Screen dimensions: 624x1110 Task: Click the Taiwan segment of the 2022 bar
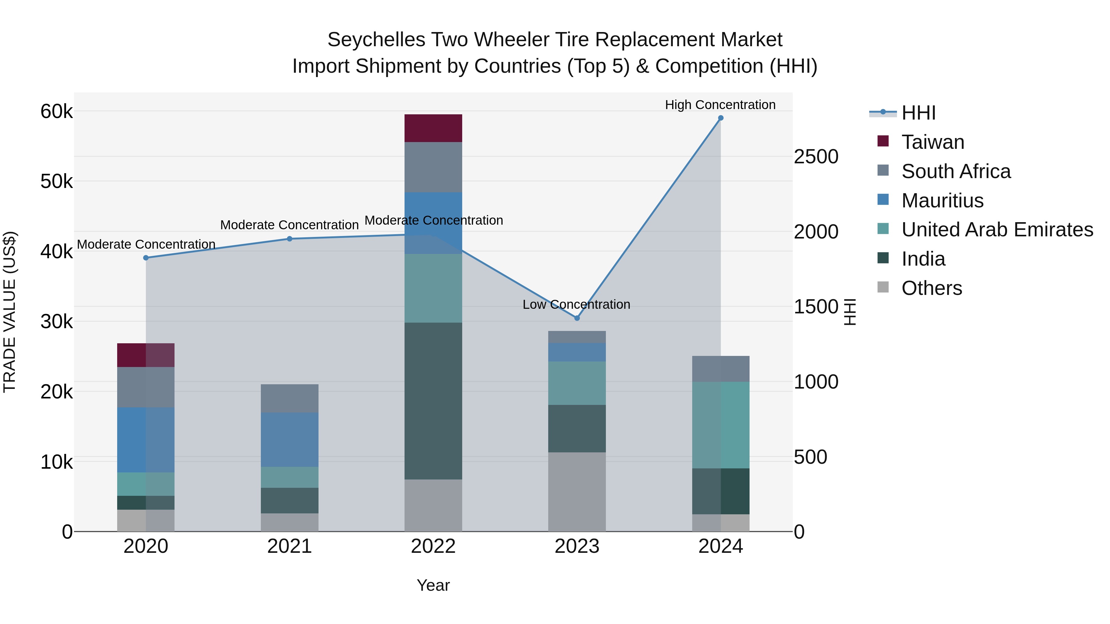coord(433,128)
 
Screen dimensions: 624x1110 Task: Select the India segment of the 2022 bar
coord(433,401)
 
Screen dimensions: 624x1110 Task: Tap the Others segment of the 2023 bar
coord(577,491)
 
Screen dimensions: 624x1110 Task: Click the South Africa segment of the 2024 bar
coord(721,369)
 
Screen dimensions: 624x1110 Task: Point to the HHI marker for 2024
coord(721,118)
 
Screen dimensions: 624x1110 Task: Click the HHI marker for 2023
coord(577,318)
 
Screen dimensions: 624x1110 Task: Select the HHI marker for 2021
coord(290,239)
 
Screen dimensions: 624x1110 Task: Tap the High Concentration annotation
coord(720,105)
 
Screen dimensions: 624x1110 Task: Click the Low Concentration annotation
coord(576,304)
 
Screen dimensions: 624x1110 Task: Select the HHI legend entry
coord(918,113)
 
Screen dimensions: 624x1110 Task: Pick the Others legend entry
coord(931,288)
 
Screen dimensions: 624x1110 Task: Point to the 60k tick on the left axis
coord(56,112)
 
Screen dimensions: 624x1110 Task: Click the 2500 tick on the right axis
coord(816,157)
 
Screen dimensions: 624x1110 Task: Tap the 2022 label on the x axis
coord(433,546)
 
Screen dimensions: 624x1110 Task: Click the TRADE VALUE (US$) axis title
coord(10,312)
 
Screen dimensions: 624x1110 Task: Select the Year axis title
coord(433,585)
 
